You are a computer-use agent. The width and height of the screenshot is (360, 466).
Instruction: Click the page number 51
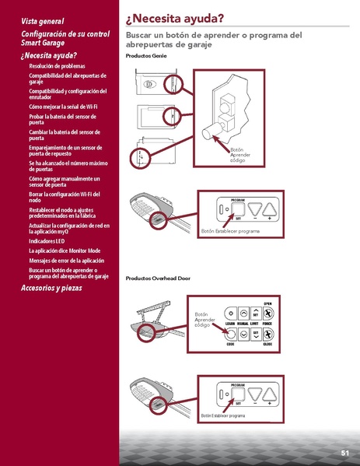(x=344, y=453)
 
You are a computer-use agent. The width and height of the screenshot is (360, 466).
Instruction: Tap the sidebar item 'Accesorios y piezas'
(x=51, y=288)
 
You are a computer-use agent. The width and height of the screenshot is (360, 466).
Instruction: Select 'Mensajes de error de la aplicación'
(x=66, y=261)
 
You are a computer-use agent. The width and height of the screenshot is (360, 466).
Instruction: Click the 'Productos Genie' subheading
(x=145, y=57)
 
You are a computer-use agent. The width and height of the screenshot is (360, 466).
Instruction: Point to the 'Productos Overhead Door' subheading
(x=158, y=278)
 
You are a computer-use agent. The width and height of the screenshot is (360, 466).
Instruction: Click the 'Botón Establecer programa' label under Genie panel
(x=230, y=232)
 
